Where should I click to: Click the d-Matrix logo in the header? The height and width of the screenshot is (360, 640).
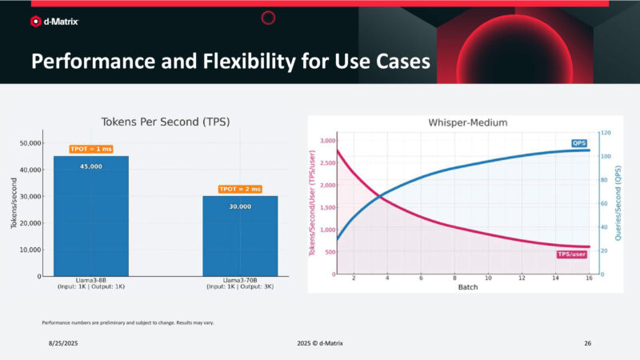point(56,22)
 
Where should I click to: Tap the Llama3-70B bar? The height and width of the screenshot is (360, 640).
point(239,236)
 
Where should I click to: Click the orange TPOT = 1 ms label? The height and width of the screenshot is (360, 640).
point(90,149)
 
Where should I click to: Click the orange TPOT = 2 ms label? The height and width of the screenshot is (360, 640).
point(239,189)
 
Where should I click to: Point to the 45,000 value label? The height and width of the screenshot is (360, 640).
point(90,166)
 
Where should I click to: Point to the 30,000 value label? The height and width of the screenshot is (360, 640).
point(239,206)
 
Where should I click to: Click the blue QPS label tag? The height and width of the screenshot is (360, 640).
point(578,143)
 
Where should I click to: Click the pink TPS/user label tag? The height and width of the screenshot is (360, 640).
point(571,254)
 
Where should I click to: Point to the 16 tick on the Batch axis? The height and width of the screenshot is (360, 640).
point(589,278)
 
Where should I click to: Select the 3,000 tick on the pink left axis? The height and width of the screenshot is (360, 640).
point(328,141)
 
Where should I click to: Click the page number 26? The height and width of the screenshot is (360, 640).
point(587,342)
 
